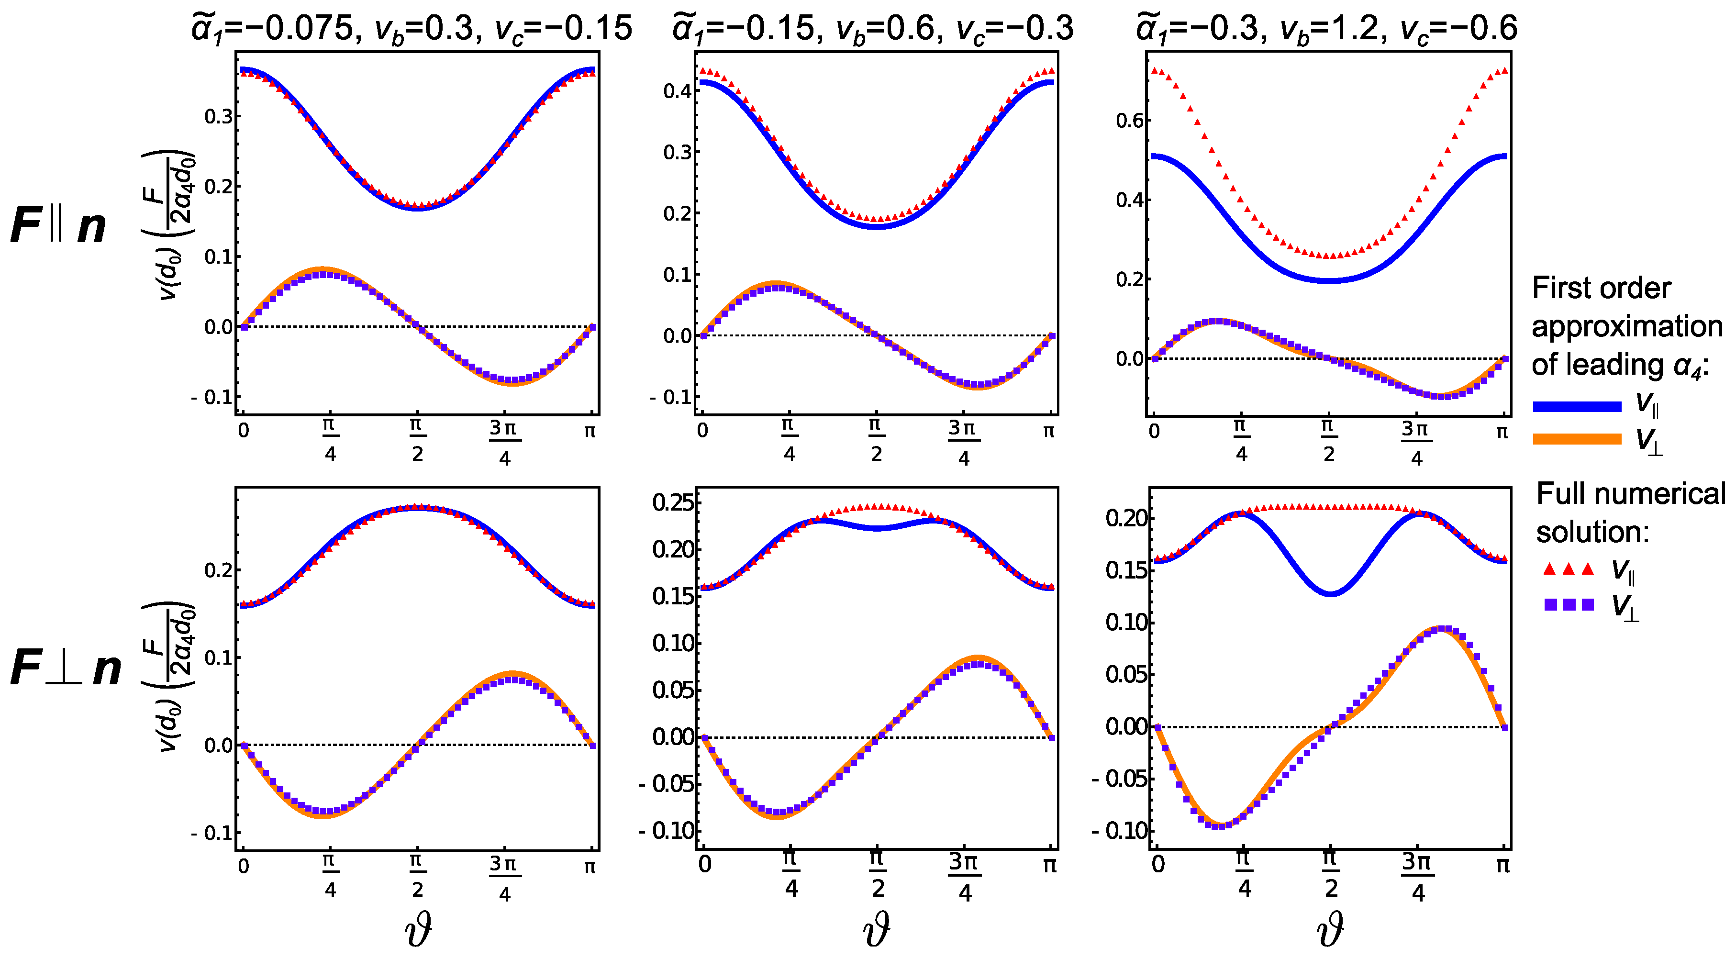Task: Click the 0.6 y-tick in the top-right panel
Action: (x=1129, y=121)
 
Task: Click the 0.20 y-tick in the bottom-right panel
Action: (x=1125, y=518)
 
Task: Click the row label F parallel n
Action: (x=59, y=226)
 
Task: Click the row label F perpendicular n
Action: (x=66, y=668)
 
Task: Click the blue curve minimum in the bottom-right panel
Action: (x=1330, y=594)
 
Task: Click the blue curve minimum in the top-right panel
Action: (x=1329, y=280)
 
